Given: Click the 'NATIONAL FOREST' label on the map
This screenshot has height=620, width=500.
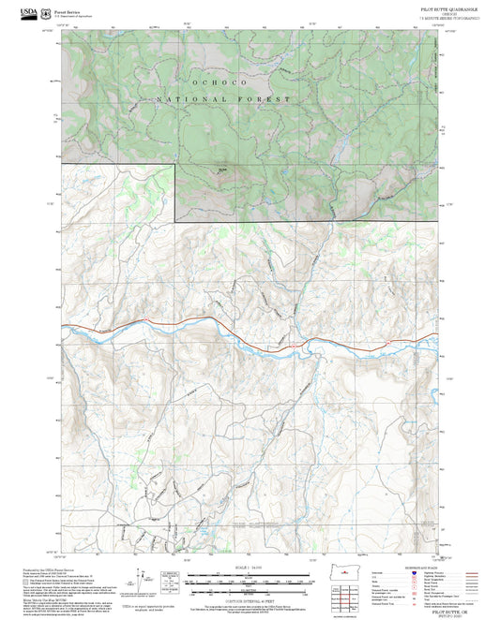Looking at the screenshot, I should [x=224, y=99].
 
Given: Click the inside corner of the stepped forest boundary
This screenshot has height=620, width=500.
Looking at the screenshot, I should [x=175, y=220].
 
